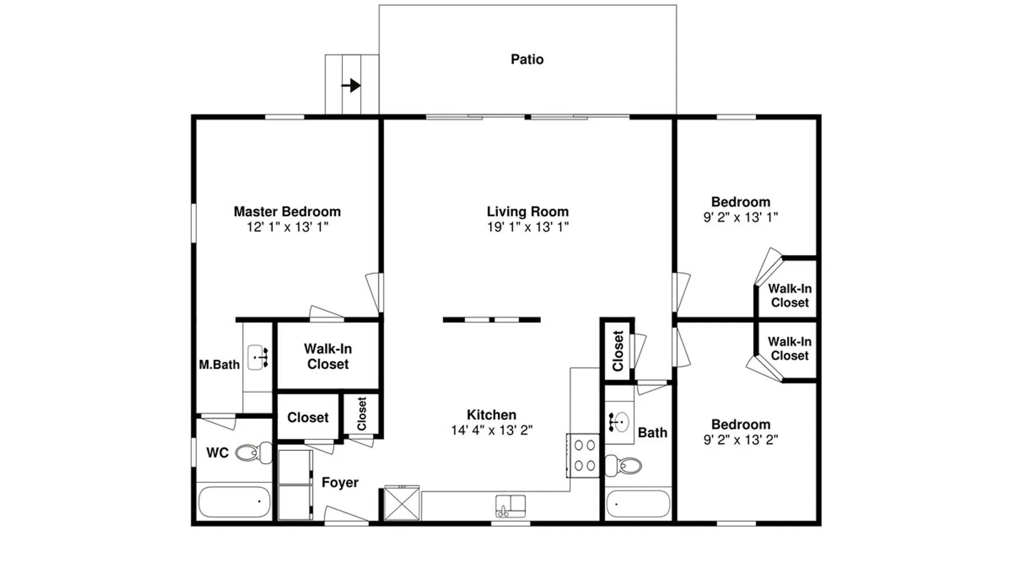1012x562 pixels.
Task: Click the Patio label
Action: [x=527, y=60]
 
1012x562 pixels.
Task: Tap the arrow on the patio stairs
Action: [x=351, y=85]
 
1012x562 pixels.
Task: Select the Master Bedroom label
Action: [x=287, y=212]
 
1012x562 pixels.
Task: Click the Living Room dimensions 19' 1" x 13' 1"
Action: [x=528, y=227]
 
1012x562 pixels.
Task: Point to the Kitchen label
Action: [x=491, y=415]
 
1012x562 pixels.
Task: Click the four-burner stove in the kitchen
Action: [x=584, y=456]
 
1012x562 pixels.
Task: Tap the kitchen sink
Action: [x=510, y=506]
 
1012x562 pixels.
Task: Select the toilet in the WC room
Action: [x=254, y=452]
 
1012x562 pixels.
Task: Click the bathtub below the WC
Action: [x=234, y=502]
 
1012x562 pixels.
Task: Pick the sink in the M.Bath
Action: [x=258, y=357]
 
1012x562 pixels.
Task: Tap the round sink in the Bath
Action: [x=619, y=422]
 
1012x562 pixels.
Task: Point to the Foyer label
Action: [x=340, y=483]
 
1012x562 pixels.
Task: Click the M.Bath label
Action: [x=219, y=365]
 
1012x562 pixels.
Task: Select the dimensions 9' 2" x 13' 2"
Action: [x=741, y=439]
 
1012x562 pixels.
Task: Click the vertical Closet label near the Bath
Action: [x=618, y=351]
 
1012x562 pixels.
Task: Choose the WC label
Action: [x=218, y=453]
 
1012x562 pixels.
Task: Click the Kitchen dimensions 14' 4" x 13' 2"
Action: [x=492, y=430]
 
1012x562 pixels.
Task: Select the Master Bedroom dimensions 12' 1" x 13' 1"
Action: [x=287, y=227]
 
